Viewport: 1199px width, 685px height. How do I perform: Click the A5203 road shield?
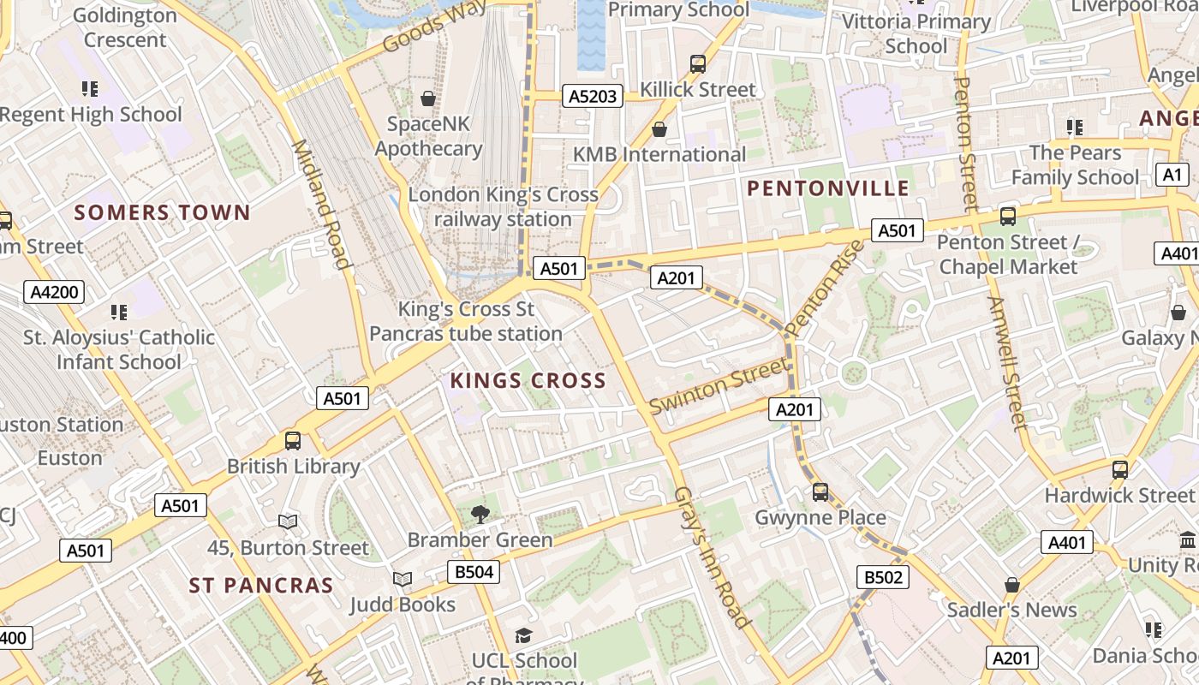point(594,96)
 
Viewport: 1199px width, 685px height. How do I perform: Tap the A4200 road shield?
point(54,292)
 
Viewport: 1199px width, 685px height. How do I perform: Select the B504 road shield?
point(474,571)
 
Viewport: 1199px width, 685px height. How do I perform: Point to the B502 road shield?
point(883,577)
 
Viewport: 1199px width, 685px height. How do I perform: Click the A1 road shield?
point(1172,175)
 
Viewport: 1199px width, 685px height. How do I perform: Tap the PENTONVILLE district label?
point(828,188)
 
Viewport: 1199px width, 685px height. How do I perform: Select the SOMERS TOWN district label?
point(162,212)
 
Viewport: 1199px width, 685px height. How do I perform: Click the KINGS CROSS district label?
point(528,381)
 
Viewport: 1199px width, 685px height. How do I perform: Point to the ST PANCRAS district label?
point(260,586)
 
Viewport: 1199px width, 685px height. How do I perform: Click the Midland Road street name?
point(323,204)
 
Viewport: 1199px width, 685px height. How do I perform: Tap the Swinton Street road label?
point(718,386)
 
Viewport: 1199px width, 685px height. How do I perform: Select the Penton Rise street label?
point(820,288)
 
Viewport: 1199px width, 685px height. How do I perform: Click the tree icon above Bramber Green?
point(480,514)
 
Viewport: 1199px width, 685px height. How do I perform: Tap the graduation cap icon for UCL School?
point(523,635)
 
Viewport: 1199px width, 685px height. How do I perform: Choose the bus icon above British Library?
point(293,441)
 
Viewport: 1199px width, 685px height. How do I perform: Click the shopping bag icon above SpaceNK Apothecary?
point(428,98)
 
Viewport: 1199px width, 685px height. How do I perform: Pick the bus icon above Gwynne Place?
point(820,491)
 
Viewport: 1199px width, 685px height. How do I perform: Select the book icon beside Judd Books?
point(403,579)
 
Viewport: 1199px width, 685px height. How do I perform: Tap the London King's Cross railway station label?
point(503,206)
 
